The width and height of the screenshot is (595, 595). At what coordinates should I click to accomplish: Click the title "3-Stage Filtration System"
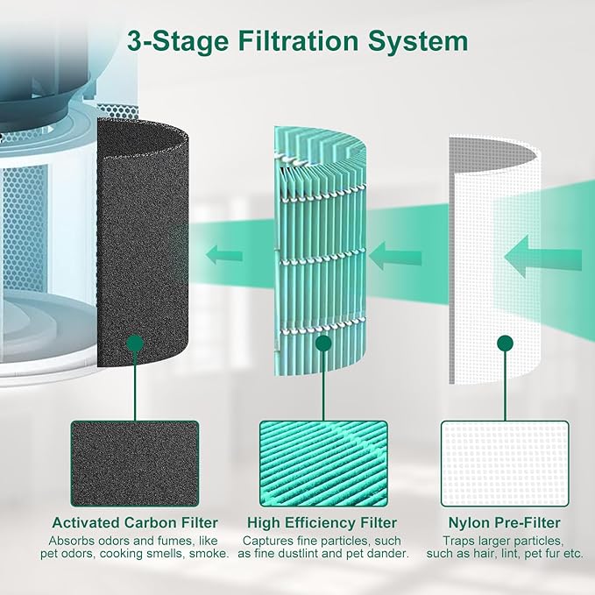point(298,41)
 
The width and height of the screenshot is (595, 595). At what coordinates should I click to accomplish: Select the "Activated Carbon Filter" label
point(135,523)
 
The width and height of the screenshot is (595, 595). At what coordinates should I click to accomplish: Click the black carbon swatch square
point(135,462)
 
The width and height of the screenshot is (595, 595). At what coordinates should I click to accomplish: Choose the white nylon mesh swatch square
point(505,462)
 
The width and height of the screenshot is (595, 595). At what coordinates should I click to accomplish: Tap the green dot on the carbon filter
point(134,342)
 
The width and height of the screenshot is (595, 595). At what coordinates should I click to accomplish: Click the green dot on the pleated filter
point(323,342)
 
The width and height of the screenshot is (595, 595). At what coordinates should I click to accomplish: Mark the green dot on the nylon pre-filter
point(505,342)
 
